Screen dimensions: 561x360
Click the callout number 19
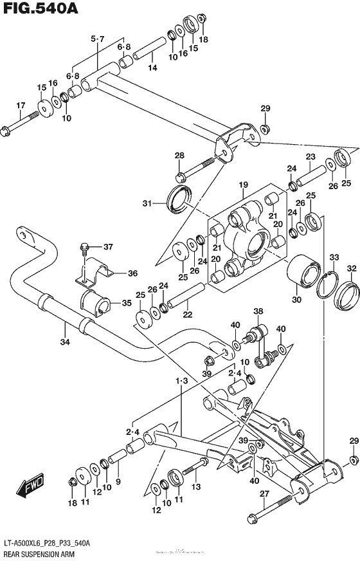243,185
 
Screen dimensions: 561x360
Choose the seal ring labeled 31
178,198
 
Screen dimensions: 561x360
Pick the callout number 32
352,268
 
